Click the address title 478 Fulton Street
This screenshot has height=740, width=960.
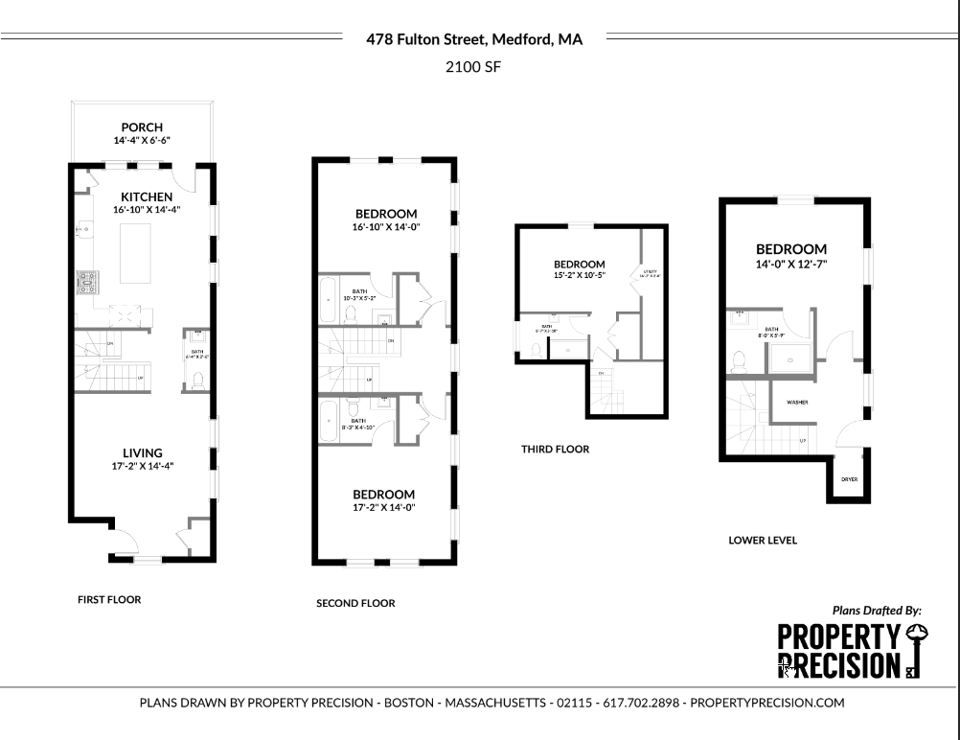tap(474, 39)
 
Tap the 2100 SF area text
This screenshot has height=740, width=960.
tap(474, 67)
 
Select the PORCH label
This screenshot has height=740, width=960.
tap(141, 127)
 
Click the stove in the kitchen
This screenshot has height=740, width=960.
tap(87, 282)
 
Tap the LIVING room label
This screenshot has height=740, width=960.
tap(142, 452)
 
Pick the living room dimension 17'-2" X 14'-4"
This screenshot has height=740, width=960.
tap(142, 466)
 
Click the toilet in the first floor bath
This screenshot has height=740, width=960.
tap(197, 380)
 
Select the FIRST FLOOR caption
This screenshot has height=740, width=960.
tap(109, 600)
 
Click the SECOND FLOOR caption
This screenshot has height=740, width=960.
tap(355, 604)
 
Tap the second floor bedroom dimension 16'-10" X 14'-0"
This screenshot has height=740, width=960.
tap(386, 227)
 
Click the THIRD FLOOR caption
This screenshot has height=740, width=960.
tap(555, 449)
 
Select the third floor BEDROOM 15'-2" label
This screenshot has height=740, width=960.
tap(579, 265)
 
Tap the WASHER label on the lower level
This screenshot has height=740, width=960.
tap(797, 403)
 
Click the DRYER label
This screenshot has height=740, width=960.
tap(849, 478)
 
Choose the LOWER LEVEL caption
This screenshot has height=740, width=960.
tap(763, 541)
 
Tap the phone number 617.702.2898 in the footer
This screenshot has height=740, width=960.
tap(641, 703)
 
